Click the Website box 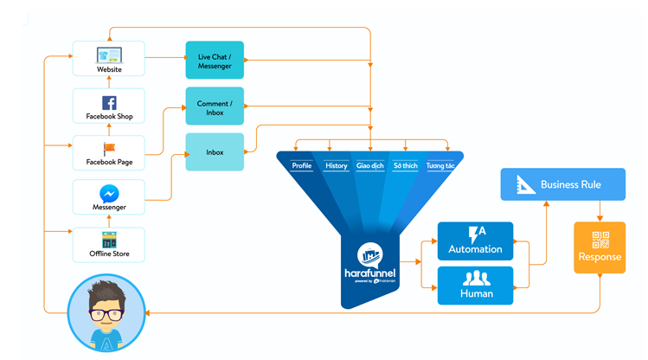tap(109, 59)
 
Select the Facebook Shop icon tap(109, 103)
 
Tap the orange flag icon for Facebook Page tap(109, 150)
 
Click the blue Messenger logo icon tap(109, 194)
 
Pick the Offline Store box tap(109, 245)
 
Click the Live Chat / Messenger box tap(215, 61)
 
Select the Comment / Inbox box tap(215, 107)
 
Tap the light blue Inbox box tap(215, 152)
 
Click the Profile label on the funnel tap(302, 165)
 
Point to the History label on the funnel tap(336, 165)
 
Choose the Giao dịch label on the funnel tap(370, 165)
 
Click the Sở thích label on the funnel tap(405, 165)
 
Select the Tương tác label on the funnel tap(439, 165)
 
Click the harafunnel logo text tap(369, 273)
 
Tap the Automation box tap(475, 241)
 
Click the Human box tap(475, 286)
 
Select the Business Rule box tap(562, 184)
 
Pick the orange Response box tap(600, 247)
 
